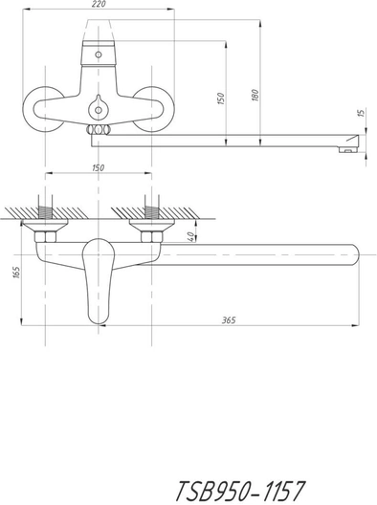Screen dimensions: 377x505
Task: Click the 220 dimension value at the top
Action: coord(99,5)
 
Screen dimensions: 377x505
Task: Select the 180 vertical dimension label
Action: coord(255,96)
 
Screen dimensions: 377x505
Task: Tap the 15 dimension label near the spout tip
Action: coord(362,113)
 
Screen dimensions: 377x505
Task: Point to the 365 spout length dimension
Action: coord(229,319)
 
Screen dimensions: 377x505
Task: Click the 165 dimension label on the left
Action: coord(17,273)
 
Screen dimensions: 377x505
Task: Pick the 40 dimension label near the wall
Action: coord(190,237)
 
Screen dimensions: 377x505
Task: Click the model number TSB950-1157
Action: coord(240,491)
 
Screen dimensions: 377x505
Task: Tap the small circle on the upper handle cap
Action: coord(99,55)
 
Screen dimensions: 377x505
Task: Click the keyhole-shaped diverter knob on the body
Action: coord(98,107)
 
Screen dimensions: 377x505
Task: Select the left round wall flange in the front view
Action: coord(25,109)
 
